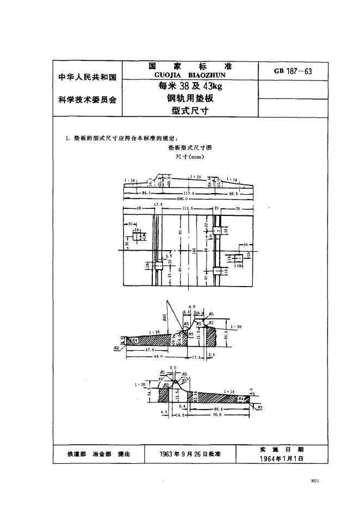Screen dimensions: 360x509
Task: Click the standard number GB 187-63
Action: [x=294, y=71]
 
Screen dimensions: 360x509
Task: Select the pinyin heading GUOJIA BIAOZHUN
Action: [x=190, y=75]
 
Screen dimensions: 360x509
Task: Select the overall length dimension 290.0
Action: [x=187, y=200]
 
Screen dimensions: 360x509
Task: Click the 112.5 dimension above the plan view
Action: [x=188, y=208]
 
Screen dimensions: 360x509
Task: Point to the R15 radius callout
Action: [x=189, y=380]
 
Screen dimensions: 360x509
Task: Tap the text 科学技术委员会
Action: [x=88, y=100]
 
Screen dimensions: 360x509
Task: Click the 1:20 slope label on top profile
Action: [x=196, y=177]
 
